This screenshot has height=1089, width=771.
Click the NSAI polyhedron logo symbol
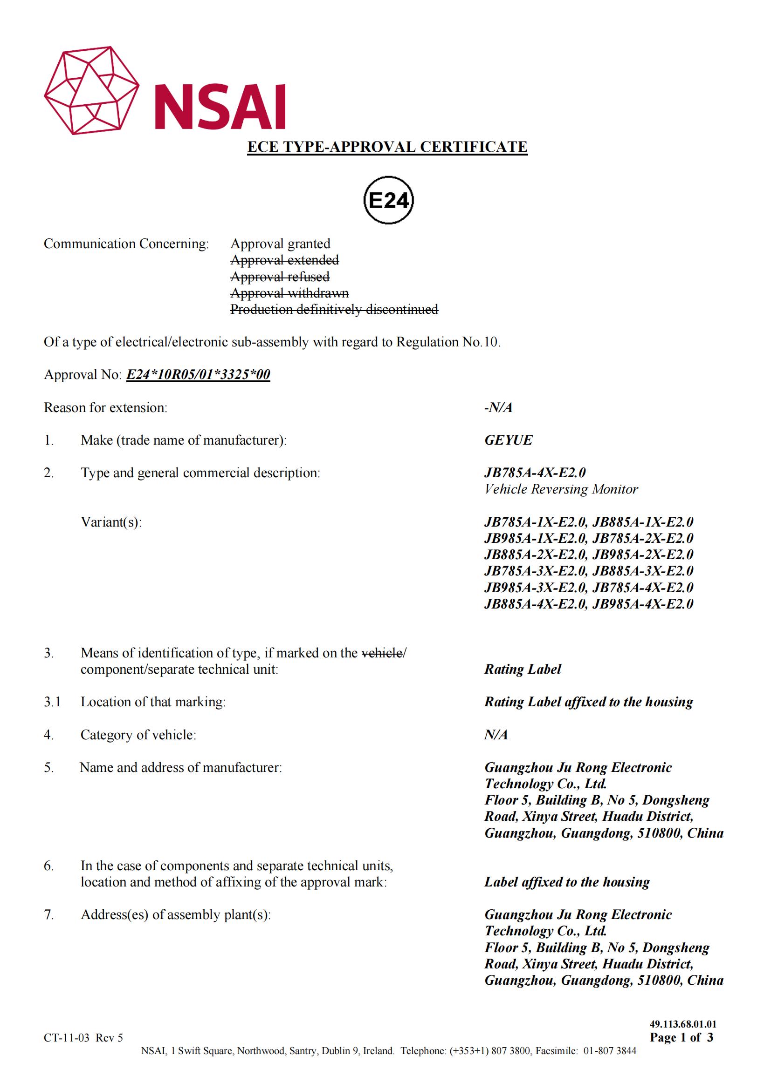pos(92,91)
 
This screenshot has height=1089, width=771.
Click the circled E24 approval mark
pos(388,201)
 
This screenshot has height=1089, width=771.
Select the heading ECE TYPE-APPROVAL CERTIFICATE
pos(387,147)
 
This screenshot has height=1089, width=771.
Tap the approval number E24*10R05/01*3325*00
pos(198,375)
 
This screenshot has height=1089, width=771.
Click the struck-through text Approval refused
pos(280,277)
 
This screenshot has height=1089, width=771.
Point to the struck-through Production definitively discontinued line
pos(334,309)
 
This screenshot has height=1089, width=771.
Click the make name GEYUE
pos(508,440)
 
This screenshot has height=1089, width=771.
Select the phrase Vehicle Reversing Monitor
pos(561,489)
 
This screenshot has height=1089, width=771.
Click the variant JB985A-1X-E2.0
pos(535,538)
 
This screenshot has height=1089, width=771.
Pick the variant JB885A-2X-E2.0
pos(535,555)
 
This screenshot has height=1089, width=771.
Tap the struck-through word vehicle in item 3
pos(382,653)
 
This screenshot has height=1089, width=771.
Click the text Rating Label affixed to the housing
pos(588,702)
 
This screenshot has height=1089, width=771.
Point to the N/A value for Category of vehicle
pos(496,735)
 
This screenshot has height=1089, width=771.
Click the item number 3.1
pos(52,702)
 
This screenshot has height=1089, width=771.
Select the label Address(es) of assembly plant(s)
pos(176,915)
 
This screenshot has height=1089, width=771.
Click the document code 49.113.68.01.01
pos(683,1024)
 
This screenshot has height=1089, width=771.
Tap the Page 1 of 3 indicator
pos(682,1037)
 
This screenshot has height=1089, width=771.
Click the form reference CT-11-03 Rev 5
pos(83,1038)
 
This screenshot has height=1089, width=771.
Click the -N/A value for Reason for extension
pos(498,407)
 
